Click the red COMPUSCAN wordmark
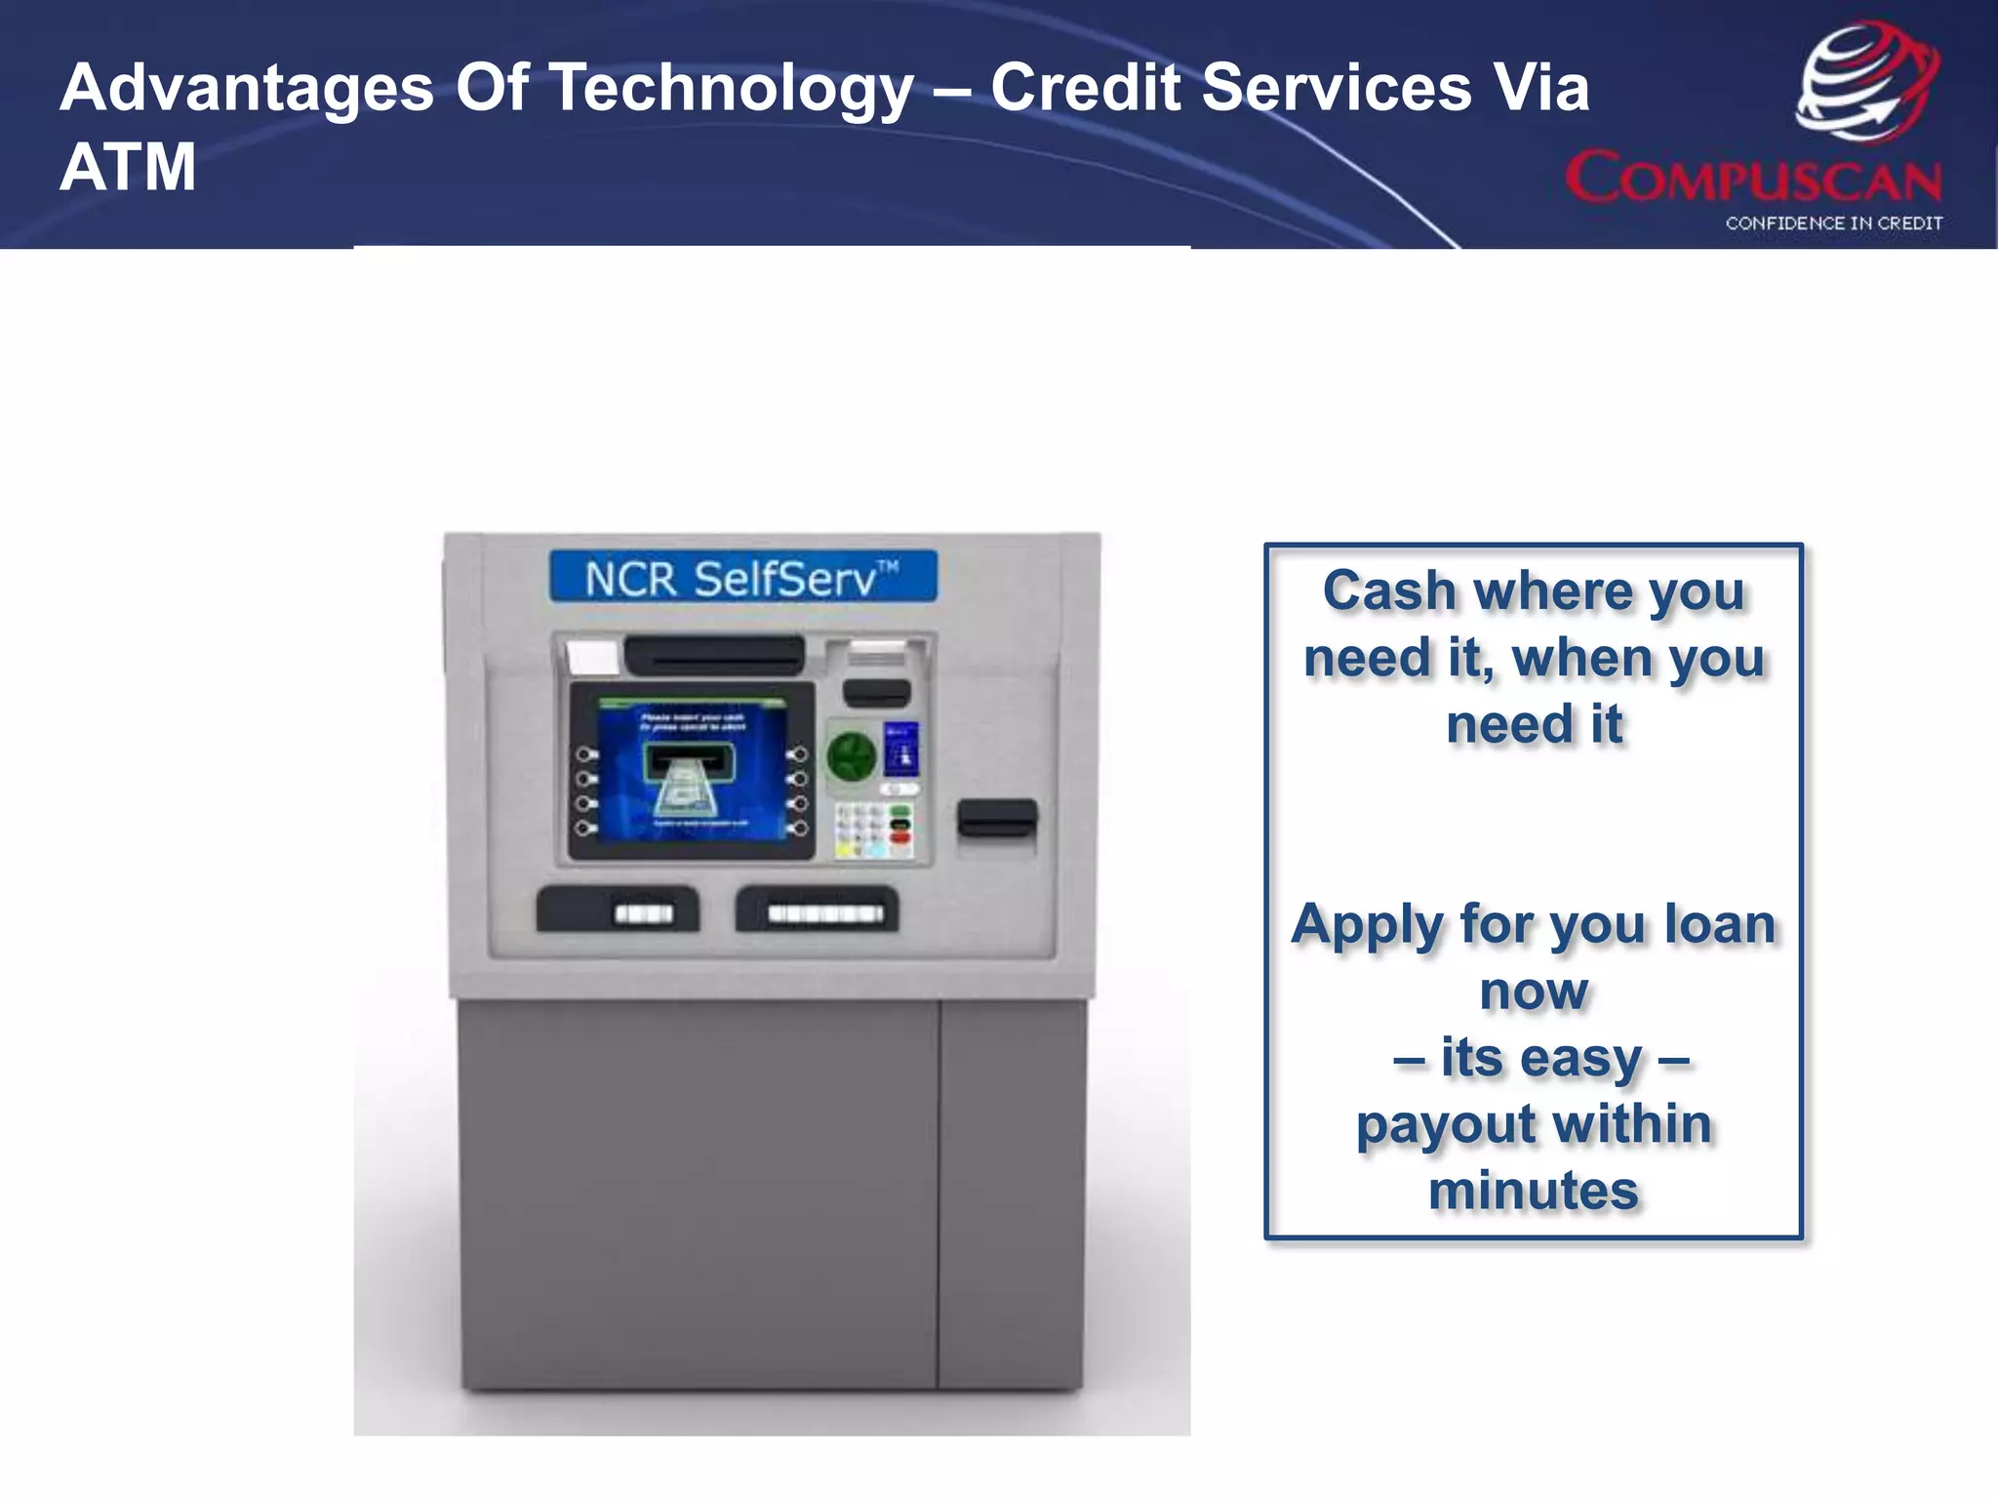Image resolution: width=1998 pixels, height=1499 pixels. [1753, 179]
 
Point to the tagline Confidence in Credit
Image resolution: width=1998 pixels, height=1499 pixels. [1833, 223]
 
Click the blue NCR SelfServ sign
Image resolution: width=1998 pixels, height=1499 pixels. [742, 578]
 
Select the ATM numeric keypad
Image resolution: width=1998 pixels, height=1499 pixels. [873, 831]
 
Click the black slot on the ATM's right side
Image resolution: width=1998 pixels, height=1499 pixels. [996, 818]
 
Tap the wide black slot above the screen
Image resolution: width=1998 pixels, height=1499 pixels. [714, 655]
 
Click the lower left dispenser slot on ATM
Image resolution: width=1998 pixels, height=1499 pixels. [618, 910]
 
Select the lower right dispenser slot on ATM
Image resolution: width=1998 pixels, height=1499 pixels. [817, 910]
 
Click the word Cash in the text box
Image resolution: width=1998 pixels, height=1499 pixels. [1389, 591]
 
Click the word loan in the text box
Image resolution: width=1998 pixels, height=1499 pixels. [1719, 924]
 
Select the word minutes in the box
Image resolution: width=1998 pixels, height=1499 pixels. [1534, 1192]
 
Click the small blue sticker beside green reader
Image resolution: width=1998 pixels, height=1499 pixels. [900, 749]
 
